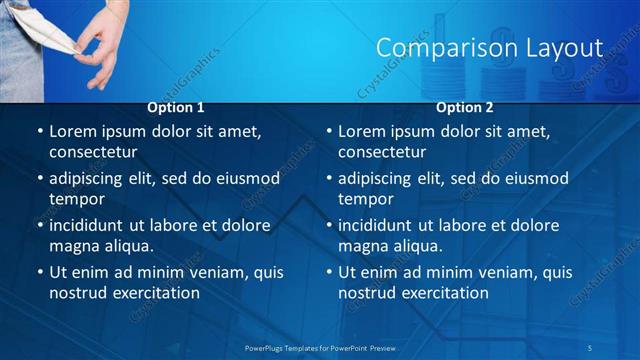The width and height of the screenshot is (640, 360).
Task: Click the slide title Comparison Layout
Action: [x=489, y=47]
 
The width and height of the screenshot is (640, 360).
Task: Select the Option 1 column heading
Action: [x=176, y=107]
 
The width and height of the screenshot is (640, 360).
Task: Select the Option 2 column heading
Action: [x=465, y=107]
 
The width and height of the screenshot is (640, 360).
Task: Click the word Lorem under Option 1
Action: [x=72, y=131]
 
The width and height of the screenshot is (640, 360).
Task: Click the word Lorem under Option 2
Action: [x=361, y=131]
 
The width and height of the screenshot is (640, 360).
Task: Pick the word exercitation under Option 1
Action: [x=153, y=293]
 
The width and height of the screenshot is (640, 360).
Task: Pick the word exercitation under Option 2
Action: [x=442, y=293]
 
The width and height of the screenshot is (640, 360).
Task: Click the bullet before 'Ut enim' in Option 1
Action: [x=39, y=272]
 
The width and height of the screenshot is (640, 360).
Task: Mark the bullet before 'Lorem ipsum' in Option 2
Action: [x=328, y=131]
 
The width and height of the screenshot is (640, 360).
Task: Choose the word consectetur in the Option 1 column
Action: [x=92, y=152]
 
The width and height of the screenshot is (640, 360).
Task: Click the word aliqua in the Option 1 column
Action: [x=129, y=246]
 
